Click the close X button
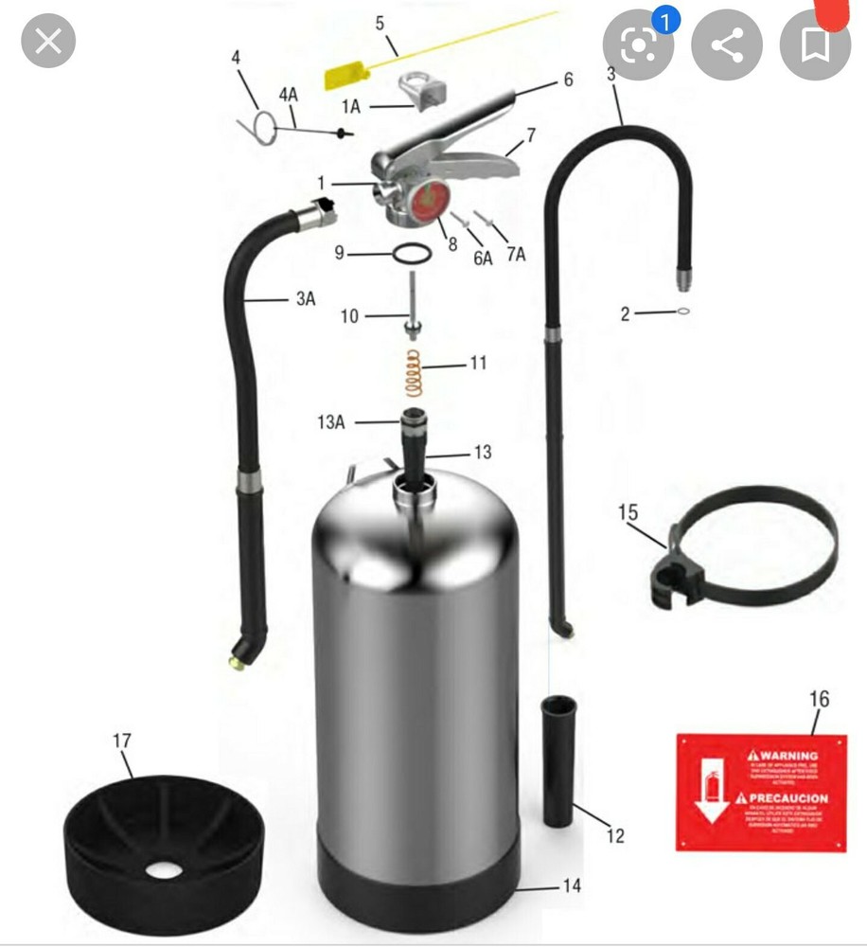click(48, 41)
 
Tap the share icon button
click(727, 45)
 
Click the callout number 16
click(820, 699)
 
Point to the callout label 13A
click(331, 422)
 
